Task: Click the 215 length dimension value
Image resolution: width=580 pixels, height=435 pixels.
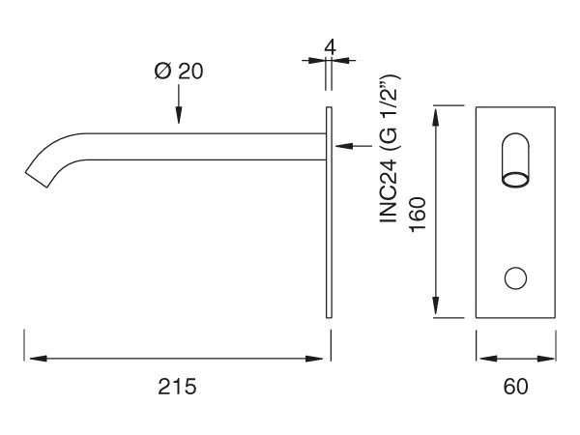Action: tap(177, 387)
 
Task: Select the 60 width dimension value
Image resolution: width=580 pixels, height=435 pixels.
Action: tap(515, 387)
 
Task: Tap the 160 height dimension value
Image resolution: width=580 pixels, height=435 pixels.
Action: tap(418, 215)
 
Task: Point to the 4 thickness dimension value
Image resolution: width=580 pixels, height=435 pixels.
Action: tap(330, 47)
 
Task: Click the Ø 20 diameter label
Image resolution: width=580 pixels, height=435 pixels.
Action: tap(179, 71)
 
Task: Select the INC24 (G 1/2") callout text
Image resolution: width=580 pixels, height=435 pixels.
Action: tap(390, 149)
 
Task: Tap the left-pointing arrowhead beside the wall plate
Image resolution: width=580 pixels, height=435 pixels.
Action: tap(344, 146)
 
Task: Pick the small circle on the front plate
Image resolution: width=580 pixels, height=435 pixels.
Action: tap(515, 278)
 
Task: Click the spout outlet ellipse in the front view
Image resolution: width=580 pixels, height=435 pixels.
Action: tap(515, 179)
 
